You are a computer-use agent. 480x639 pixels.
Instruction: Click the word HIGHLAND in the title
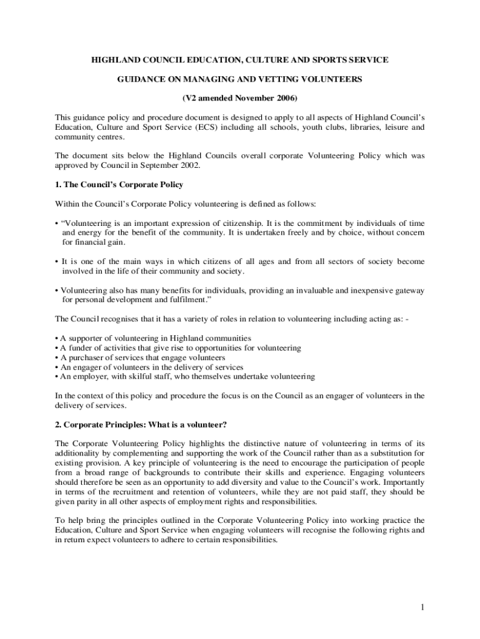[114, 59]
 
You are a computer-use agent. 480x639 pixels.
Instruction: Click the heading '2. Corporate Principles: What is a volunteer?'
[140, 424]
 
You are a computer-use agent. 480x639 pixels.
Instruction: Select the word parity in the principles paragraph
[87, 502]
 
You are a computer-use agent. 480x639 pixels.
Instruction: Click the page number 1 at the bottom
[422, 608]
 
